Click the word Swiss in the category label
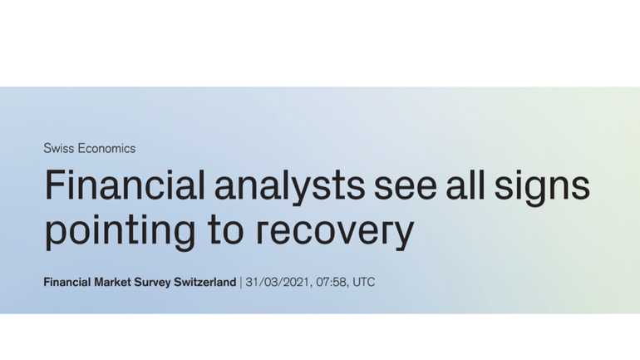point(59,148)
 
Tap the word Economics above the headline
point(106,148)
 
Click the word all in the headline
point(465,185)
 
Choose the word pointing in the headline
point(120,230)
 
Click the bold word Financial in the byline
point(67,282)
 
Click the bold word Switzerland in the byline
point(205,282)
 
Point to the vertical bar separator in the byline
point(241,283)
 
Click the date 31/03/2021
point(278,282)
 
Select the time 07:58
point(331,282)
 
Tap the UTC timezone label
point(364,282)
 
